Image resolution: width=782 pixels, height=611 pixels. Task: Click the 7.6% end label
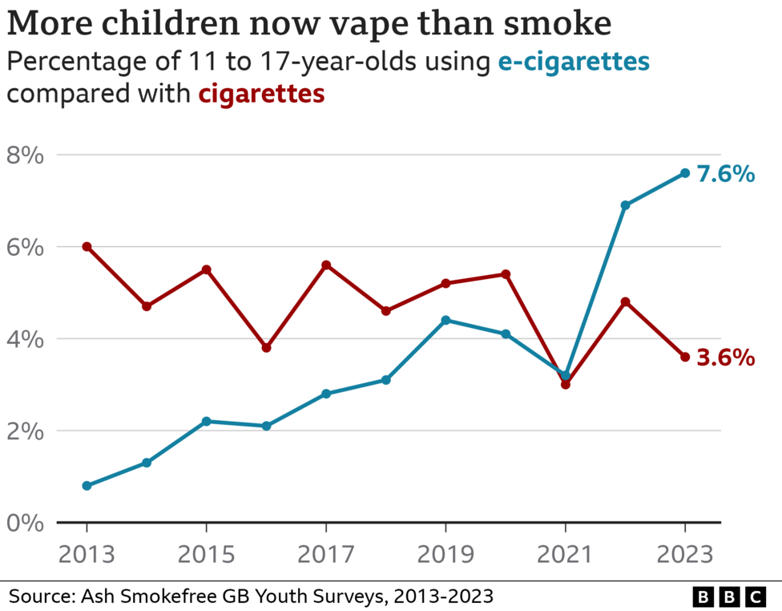coord(725,173)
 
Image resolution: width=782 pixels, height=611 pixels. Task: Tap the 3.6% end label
coord(725,357)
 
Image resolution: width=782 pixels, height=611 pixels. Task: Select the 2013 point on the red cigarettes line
coord(87,247)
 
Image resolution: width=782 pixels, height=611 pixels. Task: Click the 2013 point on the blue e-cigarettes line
coord(87,486)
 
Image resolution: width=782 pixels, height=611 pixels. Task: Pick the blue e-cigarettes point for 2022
coord(625,205)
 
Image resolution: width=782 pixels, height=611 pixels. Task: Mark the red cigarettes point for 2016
coord(266,348)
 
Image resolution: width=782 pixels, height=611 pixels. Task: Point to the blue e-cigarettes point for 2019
coord(445,321)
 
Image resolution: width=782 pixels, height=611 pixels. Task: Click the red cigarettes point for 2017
coord(326,265)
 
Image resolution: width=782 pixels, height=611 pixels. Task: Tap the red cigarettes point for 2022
coord(625,302)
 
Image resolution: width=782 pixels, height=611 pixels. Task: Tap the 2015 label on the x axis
coord(206,556)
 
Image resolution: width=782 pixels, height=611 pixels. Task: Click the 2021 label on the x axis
coord(565,556)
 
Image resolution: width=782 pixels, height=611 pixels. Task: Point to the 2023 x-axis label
coord(685,556)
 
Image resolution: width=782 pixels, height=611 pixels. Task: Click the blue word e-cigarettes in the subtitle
coord(573,62)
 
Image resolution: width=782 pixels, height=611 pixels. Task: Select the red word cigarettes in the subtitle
coord(261,95)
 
